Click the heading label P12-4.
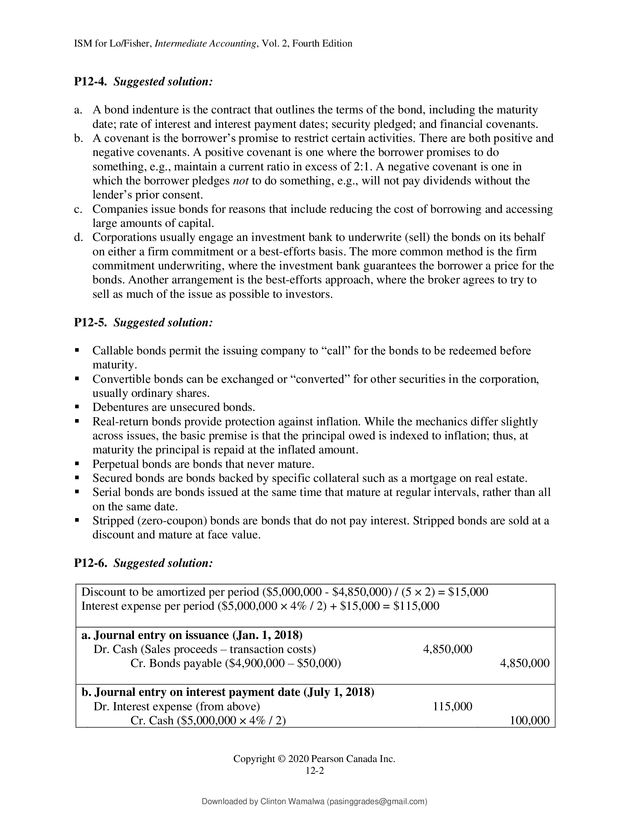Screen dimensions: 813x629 click(x=91, y=82)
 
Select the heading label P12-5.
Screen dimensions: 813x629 click(x=91, y=322)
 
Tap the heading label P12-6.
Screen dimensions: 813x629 click(x=91, y=563)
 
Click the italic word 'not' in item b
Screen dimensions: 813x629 click(x=241, y=181)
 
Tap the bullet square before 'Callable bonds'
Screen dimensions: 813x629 click(x=77, y=350)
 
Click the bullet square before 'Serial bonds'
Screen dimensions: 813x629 click(x=77, y=492)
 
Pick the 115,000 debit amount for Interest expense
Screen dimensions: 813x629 click(x=453, y=707)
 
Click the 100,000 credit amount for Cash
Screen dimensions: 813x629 click(x=529, y=720)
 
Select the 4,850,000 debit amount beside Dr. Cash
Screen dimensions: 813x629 click(x=448, y=649)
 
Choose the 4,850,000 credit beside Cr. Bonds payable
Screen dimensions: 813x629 click(x=524, y=663)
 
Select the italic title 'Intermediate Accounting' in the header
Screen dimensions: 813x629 click(x=205, y=44)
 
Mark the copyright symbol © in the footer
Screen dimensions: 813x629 click(x=281, y=759)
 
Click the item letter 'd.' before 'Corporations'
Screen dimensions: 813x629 click(x=78, y=238)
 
